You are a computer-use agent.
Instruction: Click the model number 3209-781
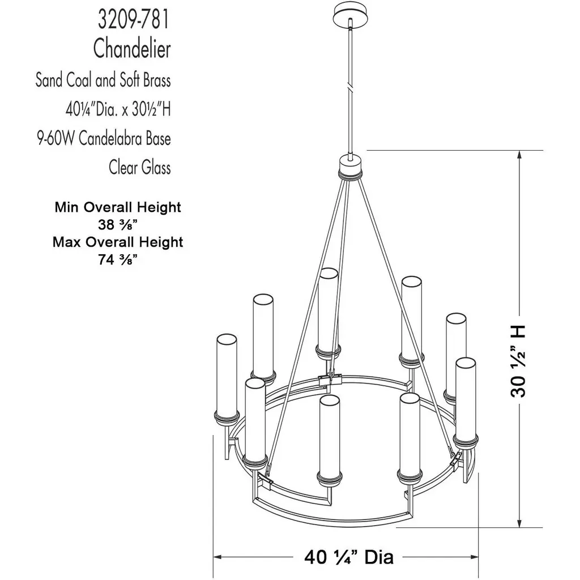134,20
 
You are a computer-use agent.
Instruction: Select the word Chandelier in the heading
132,49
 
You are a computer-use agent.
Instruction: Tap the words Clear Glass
140,167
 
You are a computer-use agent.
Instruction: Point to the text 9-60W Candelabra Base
104,139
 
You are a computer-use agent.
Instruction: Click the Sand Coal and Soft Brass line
103,80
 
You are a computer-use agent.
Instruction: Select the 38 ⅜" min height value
118,224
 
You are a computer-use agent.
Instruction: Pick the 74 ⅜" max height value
118,259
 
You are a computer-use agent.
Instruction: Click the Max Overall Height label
118,242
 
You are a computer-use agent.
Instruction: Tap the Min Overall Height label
118,207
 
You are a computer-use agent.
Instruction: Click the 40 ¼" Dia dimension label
349,557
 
